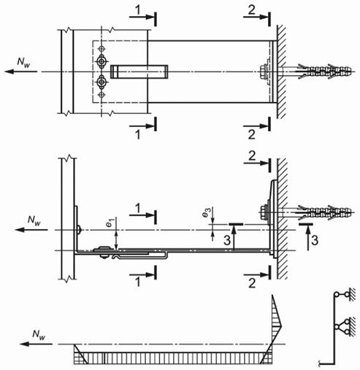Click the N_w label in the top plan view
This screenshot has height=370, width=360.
click(x=23, y=62)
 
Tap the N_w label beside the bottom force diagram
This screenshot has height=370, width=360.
click(x=39, y=334)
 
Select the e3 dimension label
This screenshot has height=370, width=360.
click(x=206, y=212)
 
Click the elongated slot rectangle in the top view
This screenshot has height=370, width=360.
click(x=139, y=72)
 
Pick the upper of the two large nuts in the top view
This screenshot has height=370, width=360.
click(x=101, y=61)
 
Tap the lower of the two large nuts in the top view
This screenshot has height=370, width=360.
click(x=101, y=82)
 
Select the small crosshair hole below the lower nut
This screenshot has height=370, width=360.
click(x=102, y=95)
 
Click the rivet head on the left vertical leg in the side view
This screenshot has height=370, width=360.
click(x=79, y=230)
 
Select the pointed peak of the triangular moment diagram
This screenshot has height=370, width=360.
click(x=281, y=325)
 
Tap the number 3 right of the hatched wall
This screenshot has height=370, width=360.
click(x=315, y=240)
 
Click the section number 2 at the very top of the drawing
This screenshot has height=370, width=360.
click(x=252, y=9)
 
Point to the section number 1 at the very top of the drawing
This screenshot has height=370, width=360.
click(x=138, y=10)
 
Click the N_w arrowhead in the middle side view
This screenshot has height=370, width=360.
click(x=19, y=230)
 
